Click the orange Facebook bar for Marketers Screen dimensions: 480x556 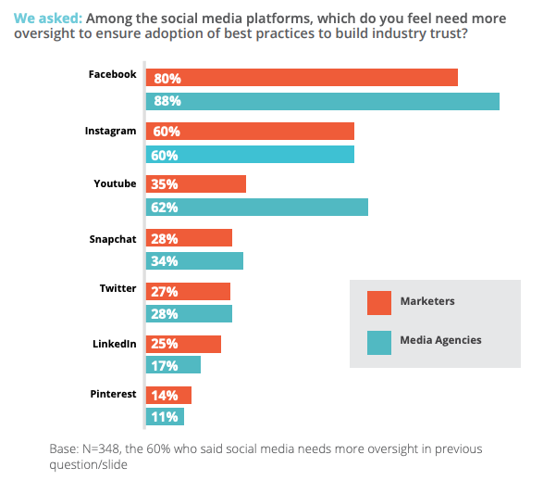pyautogui.click(x=302, y=78)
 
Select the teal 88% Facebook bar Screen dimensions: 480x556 pyautogui.click(x=322, y=101)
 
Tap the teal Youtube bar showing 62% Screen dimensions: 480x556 pyautogui.click(x=256, y=207)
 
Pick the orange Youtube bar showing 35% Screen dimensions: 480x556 pyautogui.click(x=195, y=183)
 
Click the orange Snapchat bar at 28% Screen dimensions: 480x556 pyautogui.click(x=189, y=238)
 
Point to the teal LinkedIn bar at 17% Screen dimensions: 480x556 pyautogui.click(x=173, y=365)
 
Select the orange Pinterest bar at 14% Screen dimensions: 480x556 pyautogui.click(x=168, y=395)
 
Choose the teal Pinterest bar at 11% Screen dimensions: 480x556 pyautogui.click(x=165, y=417)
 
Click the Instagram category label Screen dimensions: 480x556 pyautogui.click(x=110, y=131)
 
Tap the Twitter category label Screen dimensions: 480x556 pyautogui.click(x=117, y=288)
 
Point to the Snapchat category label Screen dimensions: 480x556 pyautogui.click(x=112, y=238)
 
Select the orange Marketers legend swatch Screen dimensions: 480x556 pyautogui.click(x=379, y=303)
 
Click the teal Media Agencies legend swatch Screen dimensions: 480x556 pyautogui.click(x=379, y=342)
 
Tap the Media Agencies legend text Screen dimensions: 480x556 pyautogui.click(x=440, y=340)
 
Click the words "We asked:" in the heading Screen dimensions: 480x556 pyautogui.click(x=46, y=16)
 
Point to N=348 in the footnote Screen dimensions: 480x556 pyautogui.click(x=105, y=448)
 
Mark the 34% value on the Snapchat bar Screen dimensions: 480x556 pyautogui.click(x=166, y=261)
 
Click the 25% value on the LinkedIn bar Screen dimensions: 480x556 pyautogui.click(x=166, y=345)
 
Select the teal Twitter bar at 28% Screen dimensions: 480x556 pyautogui.click(x=189, y=313)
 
